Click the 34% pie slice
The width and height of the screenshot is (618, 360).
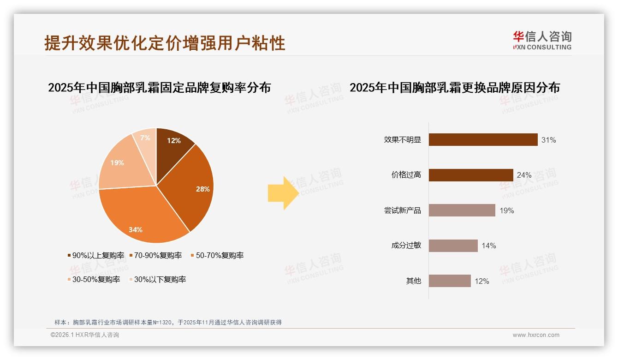coord(138,217)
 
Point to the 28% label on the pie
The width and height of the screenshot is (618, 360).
coord(202,189)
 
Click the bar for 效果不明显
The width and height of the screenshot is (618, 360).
coord(483,140)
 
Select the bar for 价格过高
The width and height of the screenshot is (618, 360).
coord(470,175)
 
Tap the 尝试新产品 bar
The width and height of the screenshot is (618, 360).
coord(462,210)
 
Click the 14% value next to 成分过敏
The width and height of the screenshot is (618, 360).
coord(488,246)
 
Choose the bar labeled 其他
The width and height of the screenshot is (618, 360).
coord(450,281)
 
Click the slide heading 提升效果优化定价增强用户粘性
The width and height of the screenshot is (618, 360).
coord(165,42)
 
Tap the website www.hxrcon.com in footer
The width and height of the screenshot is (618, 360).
coord(536,335)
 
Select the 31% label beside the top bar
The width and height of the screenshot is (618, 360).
coord(548,140)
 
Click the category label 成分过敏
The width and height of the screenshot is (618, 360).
coord(406,246)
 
